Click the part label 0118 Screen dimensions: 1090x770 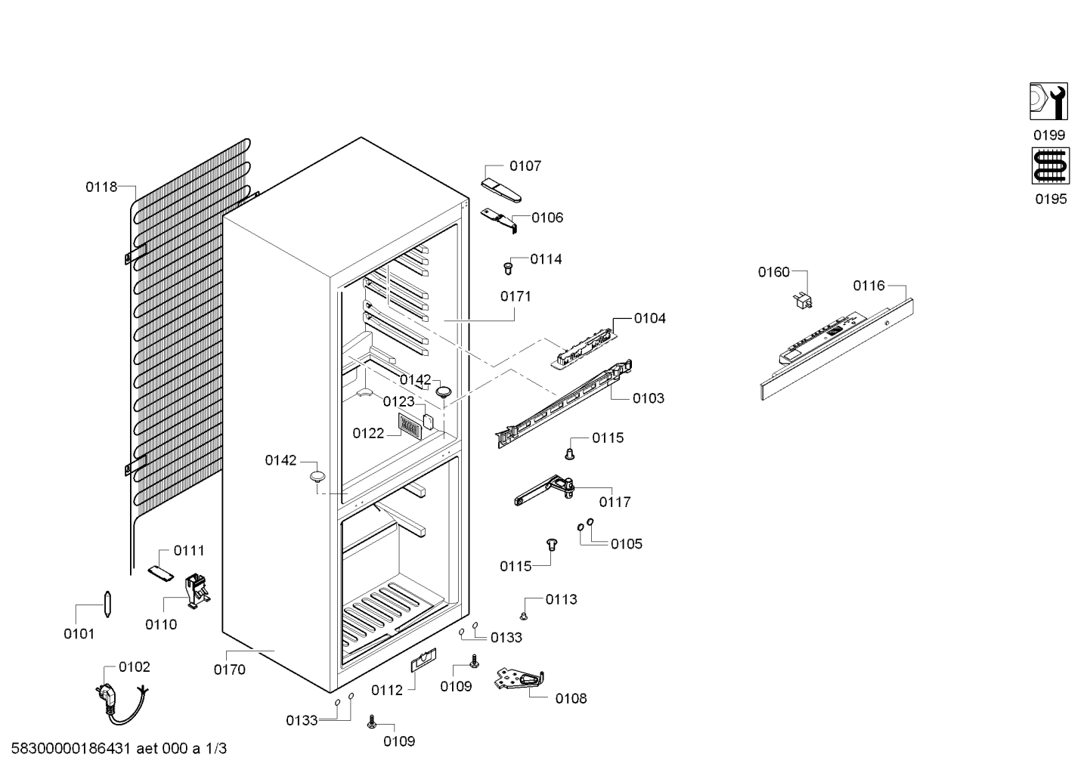101,187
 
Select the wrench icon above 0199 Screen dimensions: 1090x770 1048,101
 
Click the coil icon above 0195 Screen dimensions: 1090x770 1051,166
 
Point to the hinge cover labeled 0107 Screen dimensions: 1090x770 500,190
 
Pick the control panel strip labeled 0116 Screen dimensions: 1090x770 837,349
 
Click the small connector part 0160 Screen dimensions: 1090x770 803,300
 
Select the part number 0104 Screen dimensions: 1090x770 649,319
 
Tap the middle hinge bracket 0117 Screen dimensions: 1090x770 544,490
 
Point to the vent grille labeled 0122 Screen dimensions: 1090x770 408,428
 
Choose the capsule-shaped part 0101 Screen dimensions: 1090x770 107,604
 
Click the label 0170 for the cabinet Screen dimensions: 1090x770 229,669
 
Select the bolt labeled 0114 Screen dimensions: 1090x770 508,268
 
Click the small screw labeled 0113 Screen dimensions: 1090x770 524,617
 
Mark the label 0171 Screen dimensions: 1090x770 516,296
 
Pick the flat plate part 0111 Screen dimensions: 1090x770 161,573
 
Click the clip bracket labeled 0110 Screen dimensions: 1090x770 197,591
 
